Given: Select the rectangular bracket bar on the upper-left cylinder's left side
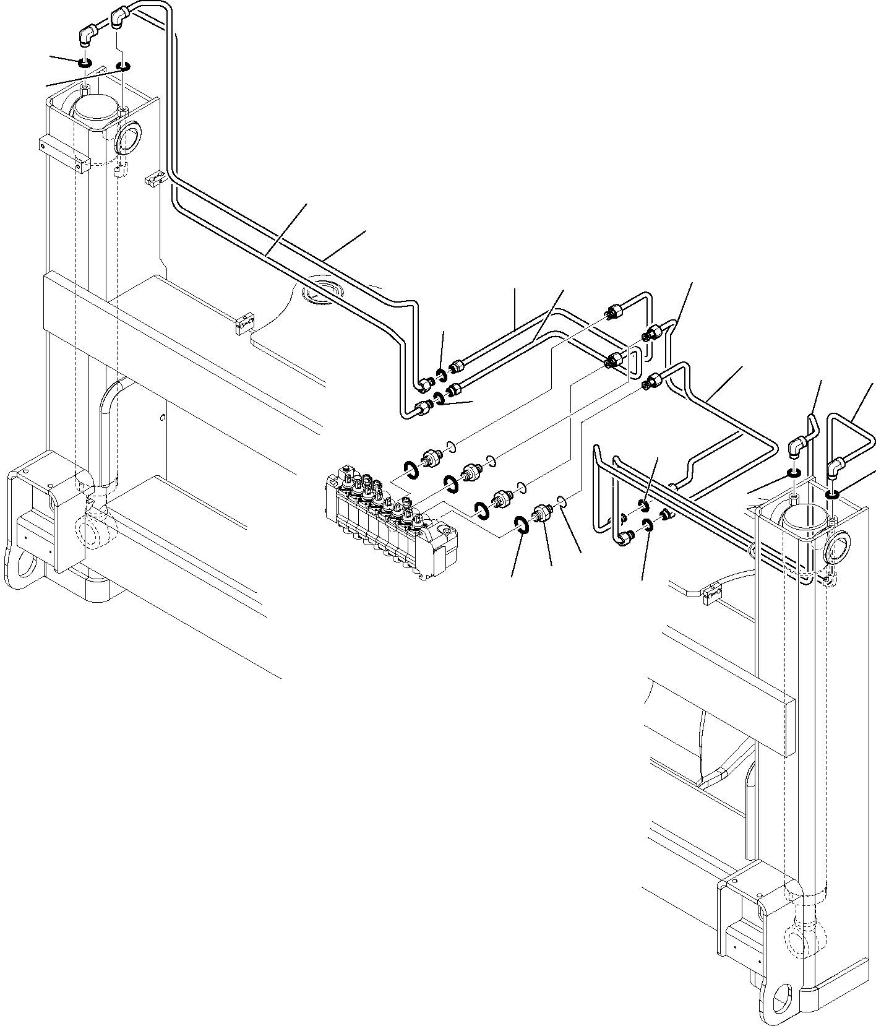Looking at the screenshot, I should pyautogui.click(x=64, y=155).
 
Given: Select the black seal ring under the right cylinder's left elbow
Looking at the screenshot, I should pyautogui.click(x=793, y=474).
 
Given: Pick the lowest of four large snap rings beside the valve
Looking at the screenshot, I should pyautogui.click(x=521, y=525).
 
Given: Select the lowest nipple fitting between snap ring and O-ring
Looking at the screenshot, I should pyautogui.click(x=542, y=513).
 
